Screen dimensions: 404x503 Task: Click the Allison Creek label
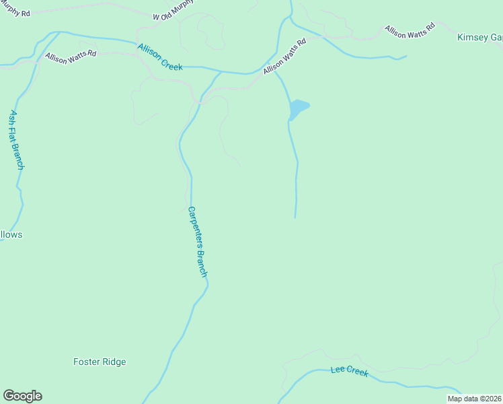(x=160, y=57)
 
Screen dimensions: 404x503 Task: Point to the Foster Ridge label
(x=100, y=362)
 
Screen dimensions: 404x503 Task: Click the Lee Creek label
(x=350, y=371)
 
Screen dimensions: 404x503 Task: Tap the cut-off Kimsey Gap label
(x=479, y=37)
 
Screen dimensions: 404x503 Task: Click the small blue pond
(x=298, y=108)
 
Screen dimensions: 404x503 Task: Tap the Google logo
(x=22, y=396)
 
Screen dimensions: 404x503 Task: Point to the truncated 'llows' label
(x=11, y=235)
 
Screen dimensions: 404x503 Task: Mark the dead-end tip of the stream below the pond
(x=295, y=217)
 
